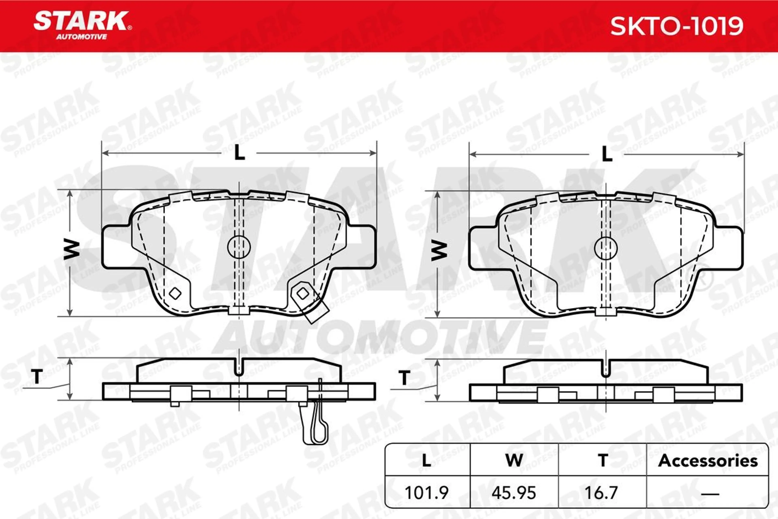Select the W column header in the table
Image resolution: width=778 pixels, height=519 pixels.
(x=514, y=460)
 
